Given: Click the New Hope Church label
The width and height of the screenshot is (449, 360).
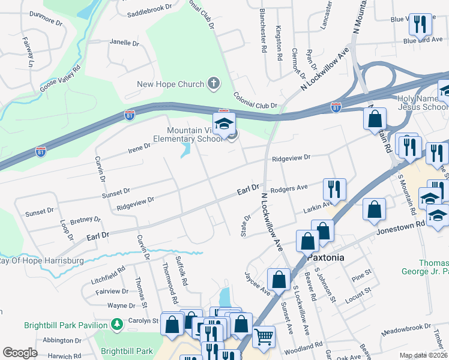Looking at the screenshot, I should [170, 84].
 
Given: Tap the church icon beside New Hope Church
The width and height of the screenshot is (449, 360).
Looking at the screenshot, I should [213, 83].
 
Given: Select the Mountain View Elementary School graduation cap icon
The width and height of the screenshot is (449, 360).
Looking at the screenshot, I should [224, 125].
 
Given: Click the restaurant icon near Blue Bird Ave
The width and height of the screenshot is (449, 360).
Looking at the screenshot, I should [418, 24].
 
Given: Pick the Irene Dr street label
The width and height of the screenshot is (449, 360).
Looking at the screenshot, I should [139, 148].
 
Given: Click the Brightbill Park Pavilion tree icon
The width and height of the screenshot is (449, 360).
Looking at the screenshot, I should [118, 325].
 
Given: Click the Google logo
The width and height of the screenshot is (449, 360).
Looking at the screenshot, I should [20, 353].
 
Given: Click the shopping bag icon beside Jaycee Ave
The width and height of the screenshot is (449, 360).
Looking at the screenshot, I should [279, 279].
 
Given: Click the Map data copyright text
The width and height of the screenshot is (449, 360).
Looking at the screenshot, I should [423, 355].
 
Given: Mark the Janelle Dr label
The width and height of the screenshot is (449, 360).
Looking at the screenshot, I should [124, 43].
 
